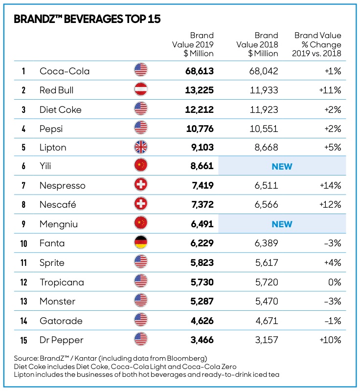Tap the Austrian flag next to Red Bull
coord(141,90)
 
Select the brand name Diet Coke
coord(60,109)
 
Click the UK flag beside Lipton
coord(141,148)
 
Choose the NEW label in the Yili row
coord(282,167)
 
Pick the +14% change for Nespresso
coord(330,186)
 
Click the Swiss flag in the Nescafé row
coord(141,205)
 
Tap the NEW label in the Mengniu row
coord(282,224)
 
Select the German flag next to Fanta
coord(141,243)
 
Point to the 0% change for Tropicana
coord(335,282)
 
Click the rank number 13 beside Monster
coord(23,301)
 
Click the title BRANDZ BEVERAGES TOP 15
coord(87,20)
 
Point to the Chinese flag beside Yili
coord(141,167)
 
